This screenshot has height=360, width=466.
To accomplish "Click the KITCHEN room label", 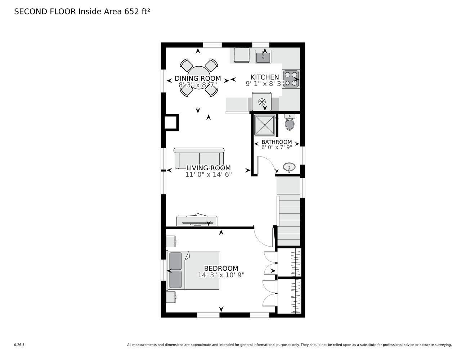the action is tap(265, 77).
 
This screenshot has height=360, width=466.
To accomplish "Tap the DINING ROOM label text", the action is tap(198, 78).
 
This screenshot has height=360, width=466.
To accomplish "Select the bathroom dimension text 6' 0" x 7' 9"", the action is tap(277, 148).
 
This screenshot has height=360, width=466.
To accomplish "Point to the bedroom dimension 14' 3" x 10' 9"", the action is tap(221, 275).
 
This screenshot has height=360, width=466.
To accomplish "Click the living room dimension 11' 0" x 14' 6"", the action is tap(209, 175).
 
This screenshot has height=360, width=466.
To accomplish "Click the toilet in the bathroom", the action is tap(290, 122).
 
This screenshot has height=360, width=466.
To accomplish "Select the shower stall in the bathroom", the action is tap(265, 125).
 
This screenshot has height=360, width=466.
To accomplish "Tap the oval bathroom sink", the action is tap(289, 167).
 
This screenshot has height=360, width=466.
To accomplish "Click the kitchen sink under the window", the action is tap(263, 57).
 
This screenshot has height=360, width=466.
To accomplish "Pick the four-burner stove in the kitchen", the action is tap(291, 78).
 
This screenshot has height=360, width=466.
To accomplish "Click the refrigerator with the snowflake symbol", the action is tap(262, 102).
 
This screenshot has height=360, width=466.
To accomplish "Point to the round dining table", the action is tap(199, 77).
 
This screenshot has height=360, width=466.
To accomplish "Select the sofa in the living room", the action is tap(199, 158).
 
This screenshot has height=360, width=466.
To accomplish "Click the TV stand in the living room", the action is tap(197, 221).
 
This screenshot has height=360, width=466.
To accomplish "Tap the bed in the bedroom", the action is tap(193, 270).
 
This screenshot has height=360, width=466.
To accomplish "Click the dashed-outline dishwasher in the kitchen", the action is tap(242, 55).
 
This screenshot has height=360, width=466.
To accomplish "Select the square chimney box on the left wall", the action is tap(171, 122).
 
